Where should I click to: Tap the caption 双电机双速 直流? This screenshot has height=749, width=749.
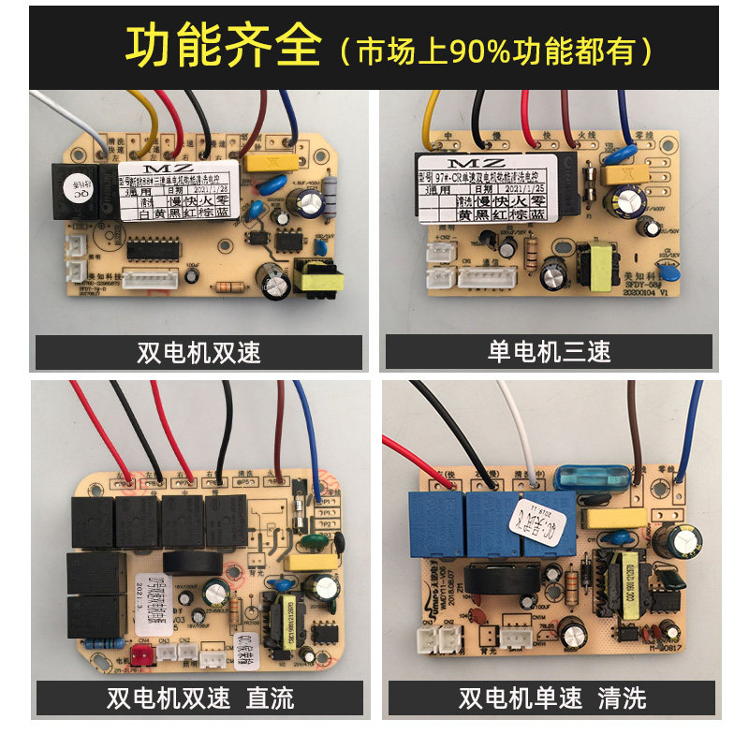(199, 698)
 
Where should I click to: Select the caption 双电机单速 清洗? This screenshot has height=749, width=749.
(551, 698)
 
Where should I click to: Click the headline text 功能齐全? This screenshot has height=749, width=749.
(223, 46)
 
